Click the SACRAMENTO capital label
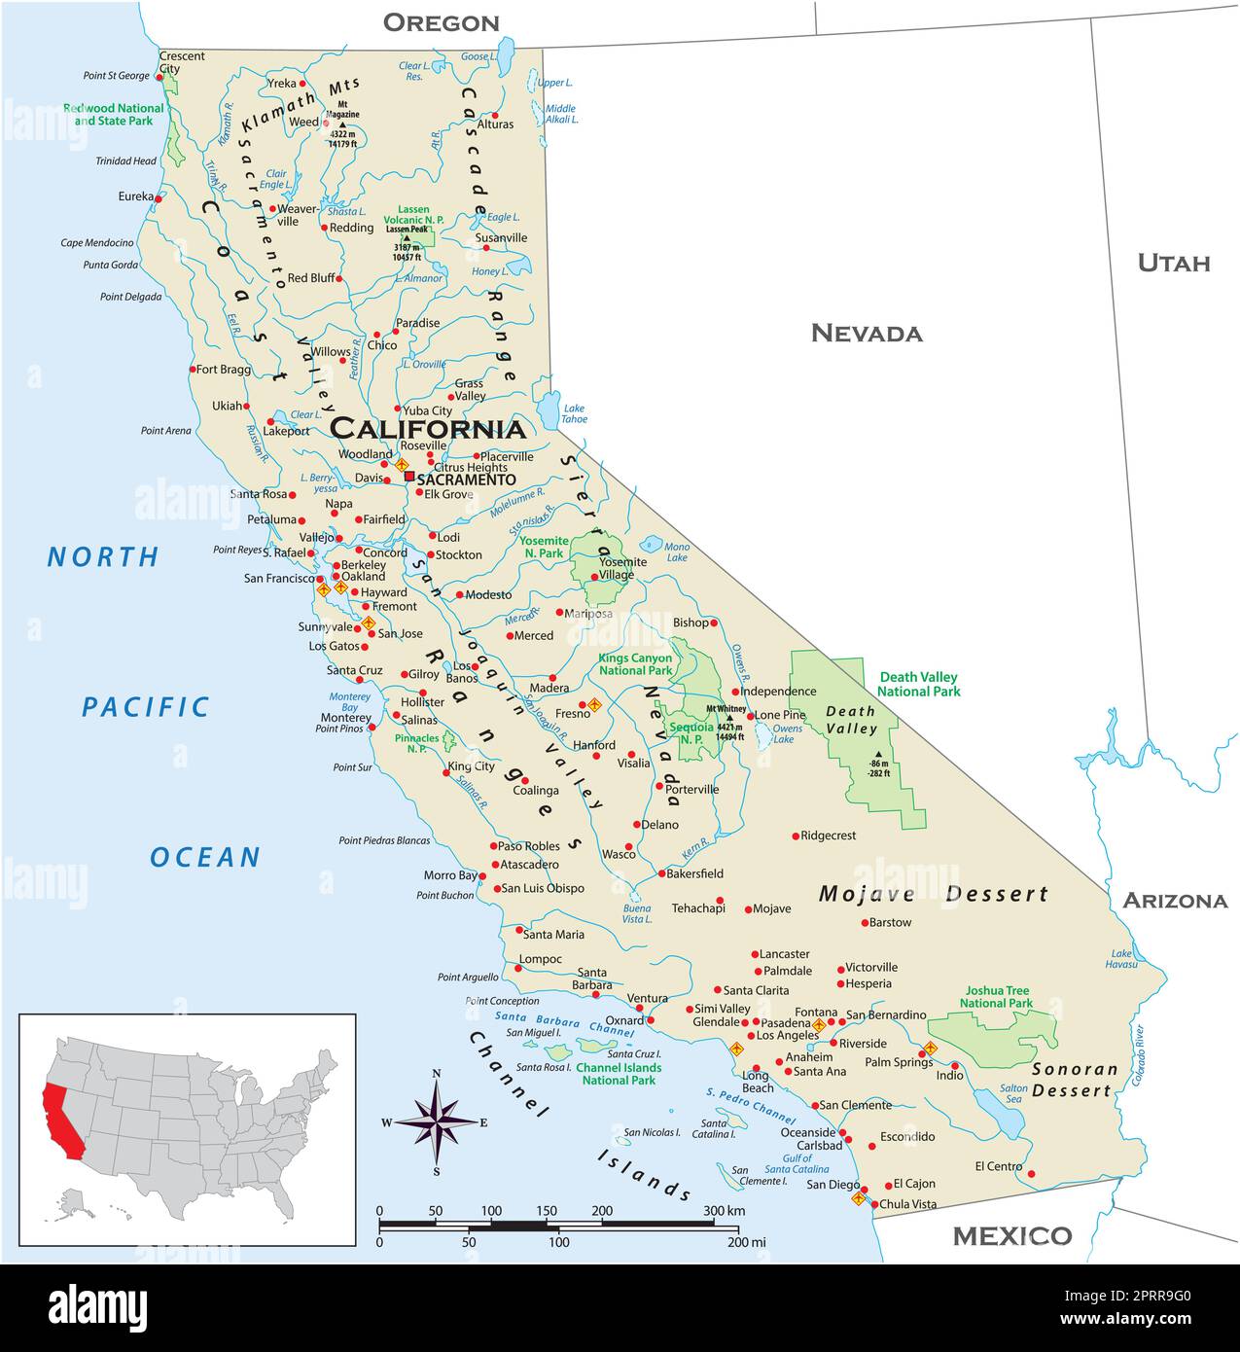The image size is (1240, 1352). [466, 480]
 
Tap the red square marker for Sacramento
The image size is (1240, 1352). [408, 477]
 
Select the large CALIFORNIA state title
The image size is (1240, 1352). [428, 429]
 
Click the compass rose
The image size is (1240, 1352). [437, 1121]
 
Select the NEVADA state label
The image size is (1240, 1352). [866, 334]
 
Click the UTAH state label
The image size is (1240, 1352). [1174, 263]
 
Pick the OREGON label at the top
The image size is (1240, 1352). [441, 22]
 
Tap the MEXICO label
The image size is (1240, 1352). [1011, 1236]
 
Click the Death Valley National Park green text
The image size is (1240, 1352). [918, 684]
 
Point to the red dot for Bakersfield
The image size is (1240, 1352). [660, 874]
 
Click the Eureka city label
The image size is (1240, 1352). [136, 196]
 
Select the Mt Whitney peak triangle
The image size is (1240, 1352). [729, 718]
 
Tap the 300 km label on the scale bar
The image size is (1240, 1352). [724, 1211]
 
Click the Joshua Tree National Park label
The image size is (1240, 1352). [996, 996]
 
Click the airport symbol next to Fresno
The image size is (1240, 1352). [595, 704]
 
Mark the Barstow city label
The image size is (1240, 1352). [890, 922]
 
